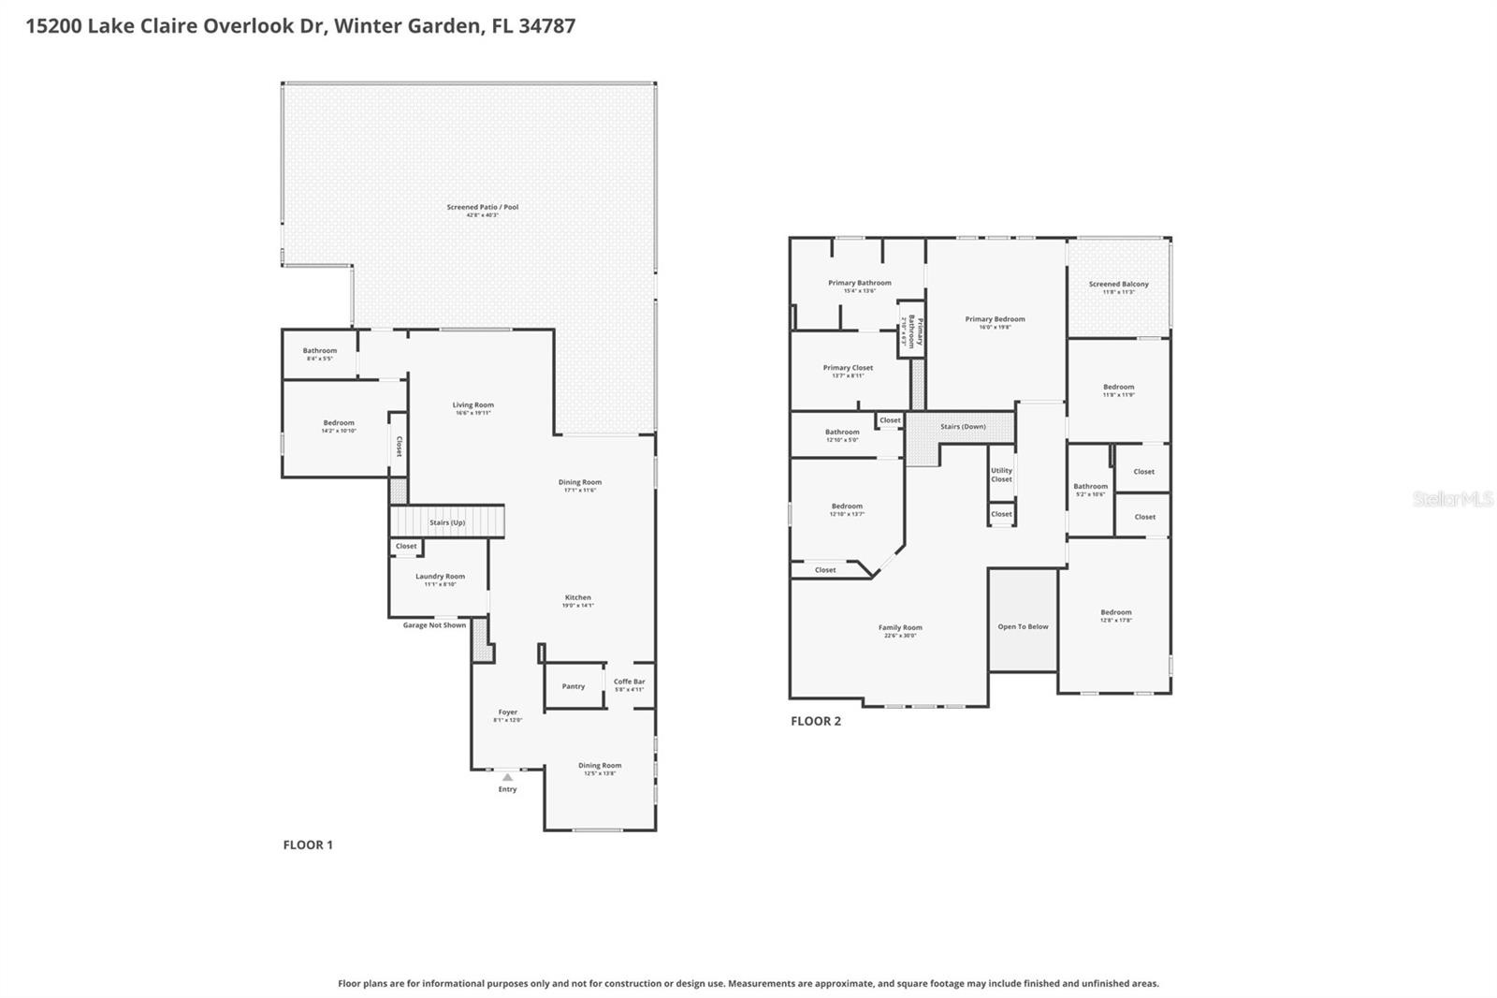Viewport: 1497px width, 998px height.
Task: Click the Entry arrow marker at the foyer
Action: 507,777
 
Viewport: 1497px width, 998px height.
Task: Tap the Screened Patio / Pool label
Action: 482,207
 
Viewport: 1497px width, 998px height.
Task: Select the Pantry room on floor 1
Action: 574,686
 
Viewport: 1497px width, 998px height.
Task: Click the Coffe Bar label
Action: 629,682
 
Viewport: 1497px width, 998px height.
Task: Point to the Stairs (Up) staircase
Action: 447,522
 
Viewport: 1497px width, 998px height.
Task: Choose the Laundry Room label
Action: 440,577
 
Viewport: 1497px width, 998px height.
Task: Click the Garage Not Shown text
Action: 434,625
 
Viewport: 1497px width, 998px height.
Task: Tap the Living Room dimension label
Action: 472,413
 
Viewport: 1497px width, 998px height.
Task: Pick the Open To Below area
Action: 1023,626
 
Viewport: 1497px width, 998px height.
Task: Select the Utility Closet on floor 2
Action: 1001,475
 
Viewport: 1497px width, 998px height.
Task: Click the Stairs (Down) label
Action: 963,427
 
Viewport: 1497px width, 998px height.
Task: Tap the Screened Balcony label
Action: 1118,284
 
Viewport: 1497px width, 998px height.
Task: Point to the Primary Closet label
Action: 848,368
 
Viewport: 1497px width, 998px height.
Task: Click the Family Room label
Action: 900,628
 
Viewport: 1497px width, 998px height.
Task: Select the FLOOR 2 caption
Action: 816,721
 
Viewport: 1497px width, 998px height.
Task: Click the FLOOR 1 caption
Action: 308,844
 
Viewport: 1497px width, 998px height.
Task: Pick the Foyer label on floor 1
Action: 507,712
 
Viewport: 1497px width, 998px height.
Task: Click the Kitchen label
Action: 577,597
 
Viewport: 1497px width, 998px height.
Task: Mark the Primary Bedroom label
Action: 995,319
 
